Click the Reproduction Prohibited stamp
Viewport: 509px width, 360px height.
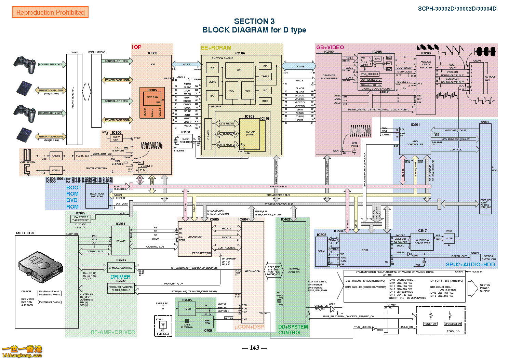point(50,12)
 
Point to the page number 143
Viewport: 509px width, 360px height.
point(254,348)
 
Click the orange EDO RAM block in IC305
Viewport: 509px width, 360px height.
point(152,99)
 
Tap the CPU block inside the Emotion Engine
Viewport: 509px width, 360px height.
point(240,70)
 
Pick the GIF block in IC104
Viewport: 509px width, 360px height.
point(265,66)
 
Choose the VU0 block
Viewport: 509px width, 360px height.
point(232,91)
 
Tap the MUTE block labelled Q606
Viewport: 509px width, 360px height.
point(449,238)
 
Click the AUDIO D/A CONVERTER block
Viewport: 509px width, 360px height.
point(423,242)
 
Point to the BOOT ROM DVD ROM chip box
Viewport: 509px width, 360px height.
point(97,195)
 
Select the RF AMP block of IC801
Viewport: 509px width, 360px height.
point(121,241)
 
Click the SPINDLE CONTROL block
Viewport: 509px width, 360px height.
point(121,268)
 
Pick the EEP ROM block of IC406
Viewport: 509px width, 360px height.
point(207,322)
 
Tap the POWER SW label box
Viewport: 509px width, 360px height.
point(430,324)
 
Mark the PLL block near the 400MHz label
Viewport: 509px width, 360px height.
point(141,163)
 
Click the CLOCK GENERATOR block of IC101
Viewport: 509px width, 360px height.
point(186,141)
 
